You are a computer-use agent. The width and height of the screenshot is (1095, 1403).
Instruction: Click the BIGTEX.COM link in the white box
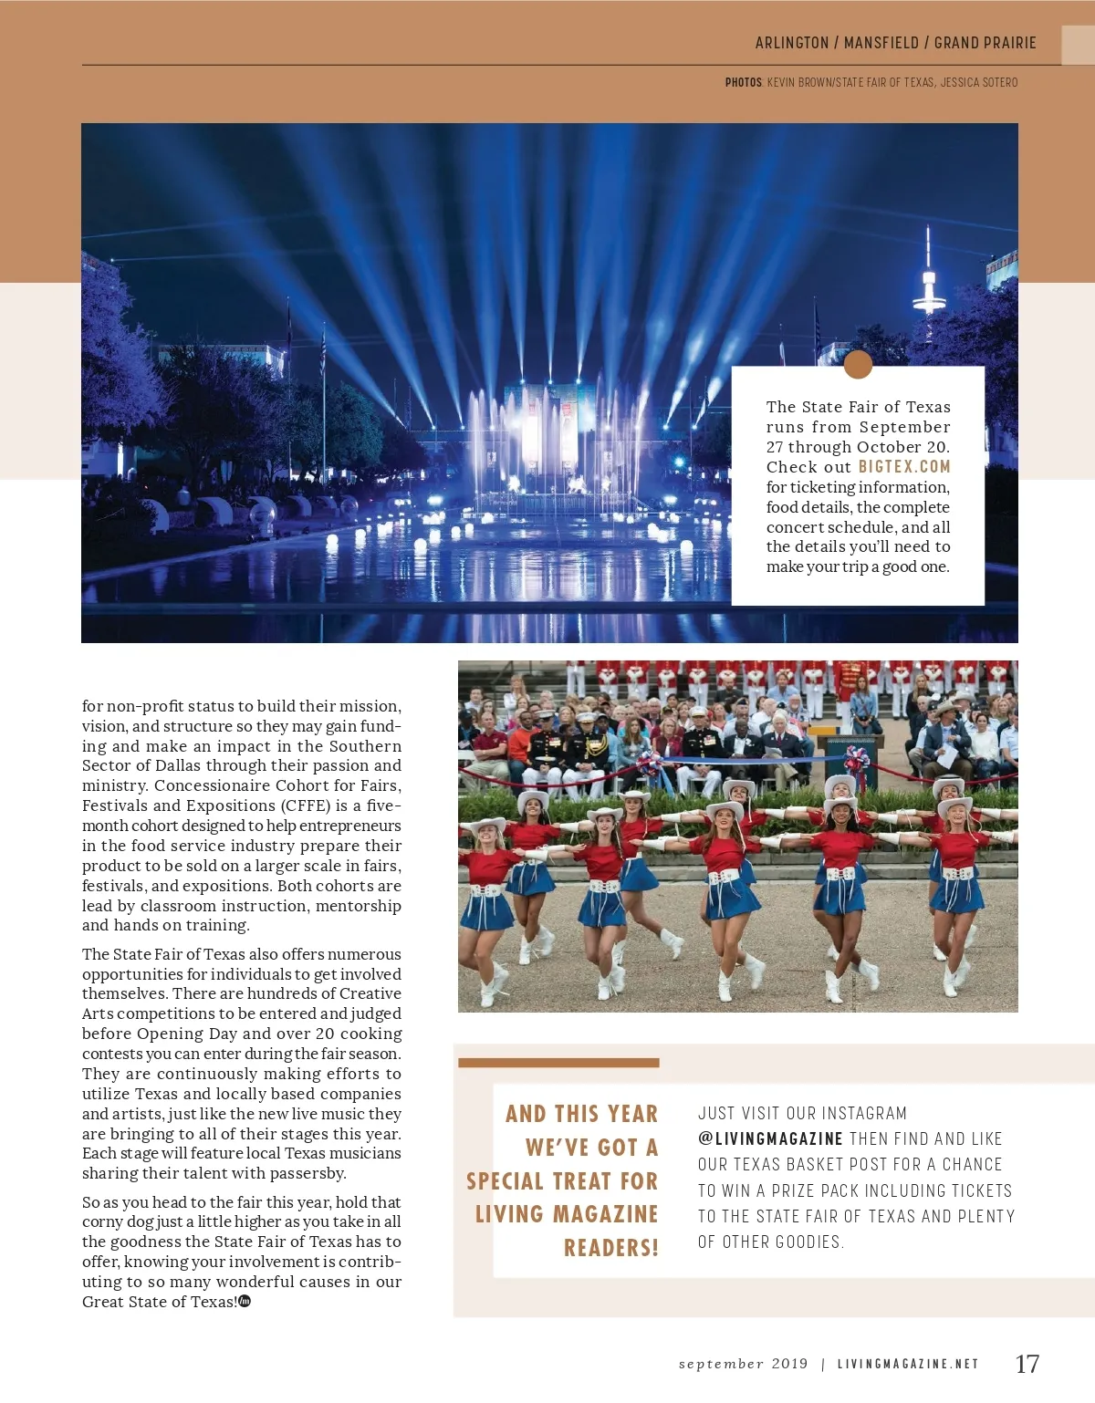(x=903, y=467)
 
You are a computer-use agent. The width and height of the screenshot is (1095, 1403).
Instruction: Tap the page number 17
(x=1027, y=1364)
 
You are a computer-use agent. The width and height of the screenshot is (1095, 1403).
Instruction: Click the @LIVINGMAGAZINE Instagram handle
(x=770, y=1138)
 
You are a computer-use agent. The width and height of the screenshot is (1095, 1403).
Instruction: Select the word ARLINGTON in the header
(x=792, y=43)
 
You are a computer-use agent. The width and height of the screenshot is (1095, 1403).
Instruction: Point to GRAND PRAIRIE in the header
(x=985, y=43)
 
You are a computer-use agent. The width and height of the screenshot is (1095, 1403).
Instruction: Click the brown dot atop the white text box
(x=858, y=364)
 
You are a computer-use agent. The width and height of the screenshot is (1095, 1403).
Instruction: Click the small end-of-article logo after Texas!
(x=245, y=1301)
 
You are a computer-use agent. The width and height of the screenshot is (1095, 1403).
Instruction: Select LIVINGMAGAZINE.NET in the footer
(x=908, y=1364)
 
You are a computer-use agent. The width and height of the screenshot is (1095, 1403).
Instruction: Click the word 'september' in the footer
(x=721, y=1364)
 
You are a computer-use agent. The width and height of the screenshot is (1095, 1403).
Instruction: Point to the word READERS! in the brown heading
(x=610, y=1248)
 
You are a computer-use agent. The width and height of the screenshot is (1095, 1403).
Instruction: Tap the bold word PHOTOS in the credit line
(x=743, y=82)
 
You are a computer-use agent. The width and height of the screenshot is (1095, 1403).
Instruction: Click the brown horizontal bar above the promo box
(x=558, y=1063)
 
